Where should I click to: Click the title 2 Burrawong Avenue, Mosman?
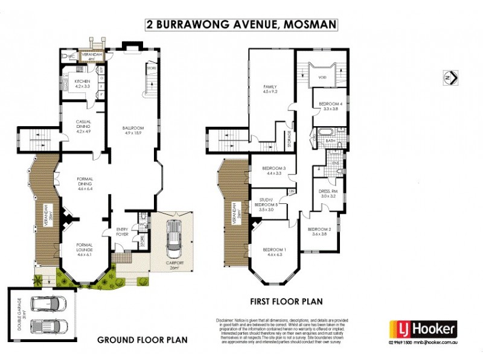[241, 25]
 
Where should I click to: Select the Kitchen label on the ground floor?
[82, 84]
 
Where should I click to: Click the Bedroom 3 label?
[269, 171]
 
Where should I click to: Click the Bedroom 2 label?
[321, 232]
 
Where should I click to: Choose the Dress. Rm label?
[330, 193]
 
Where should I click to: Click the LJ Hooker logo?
[422, 329]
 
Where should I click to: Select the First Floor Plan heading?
[286, 301]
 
